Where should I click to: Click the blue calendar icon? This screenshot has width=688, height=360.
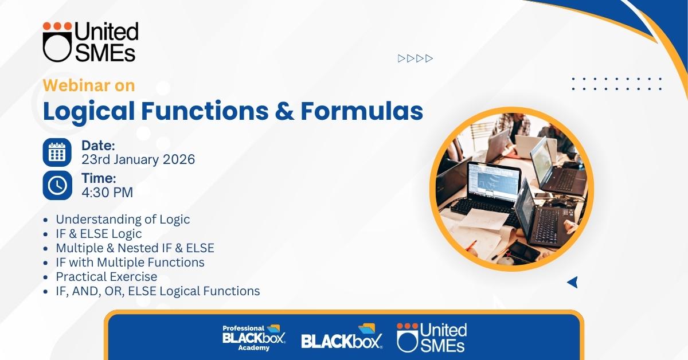tap(57, 152)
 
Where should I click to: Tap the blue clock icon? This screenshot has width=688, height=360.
tap(57, 185)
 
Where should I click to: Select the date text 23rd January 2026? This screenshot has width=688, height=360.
tap(138, 159)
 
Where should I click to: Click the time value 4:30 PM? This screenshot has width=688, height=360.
tap(107, 192)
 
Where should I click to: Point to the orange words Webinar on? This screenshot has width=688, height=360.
tap(89, 85)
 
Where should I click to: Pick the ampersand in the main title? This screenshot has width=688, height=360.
tap(284, 111)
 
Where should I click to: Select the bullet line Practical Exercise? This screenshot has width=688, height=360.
tap(106, 276)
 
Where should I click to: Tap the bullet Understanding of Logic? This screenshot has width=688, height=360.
tap(123, 220)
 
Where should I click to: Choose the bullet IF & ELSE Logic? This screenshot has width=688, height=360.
tap(99, 234)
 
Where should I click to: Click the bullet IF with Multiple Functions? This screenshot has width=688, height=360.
tap(130, 263)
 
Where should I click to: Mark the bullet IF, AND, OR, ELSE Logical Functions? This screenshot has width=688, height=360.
tap(158, 291)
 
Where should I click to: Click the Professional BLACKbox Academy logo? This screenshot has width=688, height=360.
tap(254, 338)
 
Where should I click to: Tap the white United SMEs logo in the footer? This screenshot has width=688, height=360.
tap(432, 337)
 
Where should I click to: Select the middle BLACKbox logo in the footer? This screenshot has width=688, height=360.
tap(342, 336)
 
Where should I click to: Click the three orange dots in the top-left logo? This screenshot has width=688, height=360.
tap(57, 26)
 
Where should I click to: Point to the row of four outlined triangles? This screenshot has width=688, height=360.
tap(415, 58)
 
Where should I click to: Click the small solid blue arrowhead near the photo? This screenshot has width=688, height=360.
tap(573, 282)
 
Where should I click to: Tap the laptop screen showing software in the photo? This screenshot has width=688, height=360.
tap(493, 181)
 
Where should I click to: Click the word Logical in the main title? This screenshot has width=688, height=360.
tap(89, 111)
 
